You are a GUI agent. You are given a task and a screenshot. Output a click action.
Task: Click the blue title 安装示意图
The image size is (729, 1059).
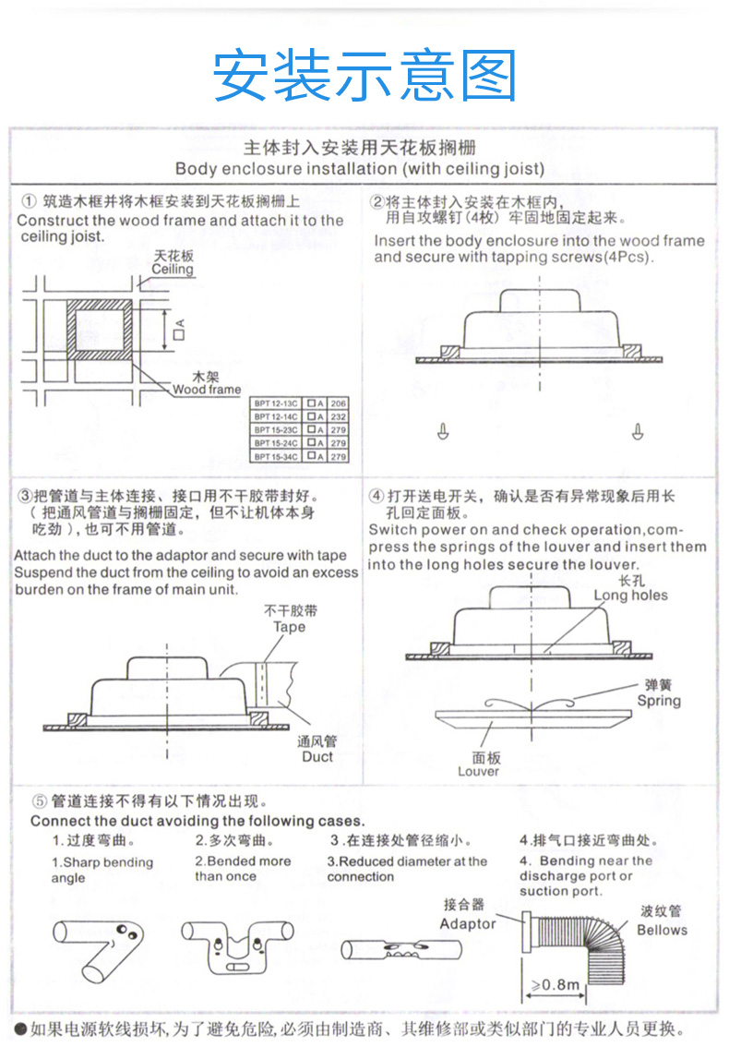(x=364, y=76)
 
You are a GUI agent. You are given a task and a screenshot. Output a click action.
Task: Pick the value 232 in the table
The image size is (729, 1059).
(x=339, y=416)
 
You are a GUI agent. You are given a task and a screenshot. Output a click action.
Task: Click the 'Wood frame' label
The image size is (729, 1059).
(x=206, y=390)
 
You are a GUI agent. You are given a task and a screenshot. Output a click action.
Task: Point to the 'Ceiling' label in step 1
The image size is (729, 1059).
(x=173, y=270)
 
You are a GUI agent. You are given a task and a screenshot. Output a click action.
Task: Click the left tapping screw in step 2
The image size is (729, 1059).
(x=443, y=429)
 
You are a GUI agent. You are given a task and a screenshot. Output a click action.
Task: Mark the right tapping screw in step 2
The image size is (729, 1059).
(x=638, y=429)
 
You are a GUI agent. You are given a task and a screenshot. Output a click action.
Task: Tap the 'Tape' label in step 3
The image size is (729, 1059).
(x=289, y=627)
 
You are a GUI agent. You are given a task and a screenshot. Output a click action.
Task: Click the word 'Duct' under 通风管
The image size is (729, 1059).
(x=317, y=756)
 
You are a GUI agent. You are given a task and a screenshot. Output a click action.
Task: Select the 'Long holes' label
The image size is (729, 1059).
(x=630, y=596)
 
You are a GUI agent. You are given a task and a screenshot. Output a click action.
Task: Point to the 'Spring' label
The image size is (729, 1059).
(x=659, y=701)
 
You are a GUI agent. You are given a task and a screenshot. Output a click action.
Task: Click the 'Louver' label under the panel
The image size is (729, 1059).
(x=478, y=771)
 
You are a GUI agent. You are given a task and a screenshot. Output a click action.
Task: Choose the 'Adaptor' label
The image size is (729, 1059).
(x=468, y=923)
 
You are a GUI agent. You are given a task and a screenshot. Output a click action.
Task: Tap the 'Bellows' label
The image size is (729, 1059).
(x=662, y=930)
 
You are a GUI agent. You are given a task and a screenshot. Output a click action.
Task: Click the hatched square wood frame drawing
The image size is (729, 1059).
(x=101, y=329)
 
